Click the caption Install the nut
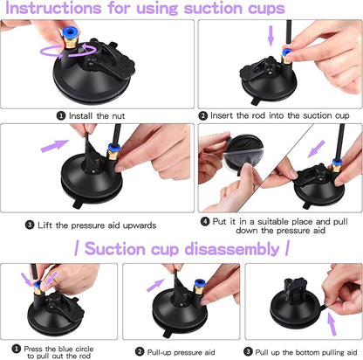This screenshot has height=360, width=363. click(x=99, y=114)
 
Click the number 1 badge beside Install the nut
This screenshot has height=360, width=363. click(x=60, y=114)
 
